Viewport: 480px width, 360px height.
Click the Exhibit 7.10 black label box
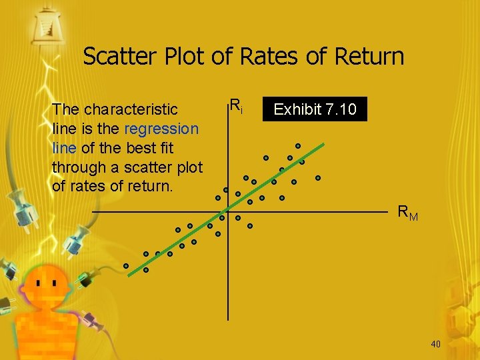pyautogui.click(x=315, y=109)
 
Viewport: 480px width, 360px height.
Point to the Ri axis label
pyautogui.click(x=235, y=105)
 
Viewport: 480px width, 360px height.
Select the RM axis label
pyautogui.click(x=407, y=213)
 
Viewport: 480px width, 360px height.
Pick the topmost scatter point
pyautogui.click(x=298, y=146)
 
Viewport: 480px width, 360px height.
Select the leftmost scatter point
pyautogui.click(x=126, y=265)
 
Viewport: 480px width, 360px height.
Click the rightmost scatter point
pyautogui.click(x=318, y=178)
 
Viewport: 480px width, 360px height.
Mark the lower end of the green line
pyautogui.click(x=129, y=274)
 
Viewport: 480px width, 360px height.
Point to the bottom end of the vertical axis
pyautogui.click(x=228, y=320)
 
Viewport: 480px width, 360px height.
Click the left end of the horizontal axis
pyautogui.click(x=93, y=211)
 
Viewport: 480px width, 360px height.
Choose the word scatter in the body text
pyautogui.click(x=155, y=167)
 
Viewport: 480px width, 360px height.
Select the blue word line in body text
pyautogui.click(x=64, y=147)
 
